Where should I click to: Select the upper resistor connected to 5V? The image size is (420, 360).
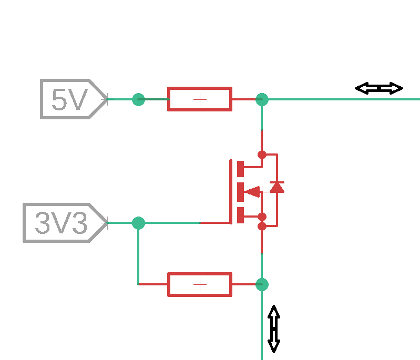pyautogui.click(x=200, y=99)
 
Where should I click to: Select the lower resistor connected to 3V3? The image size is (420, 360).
pyautogui.click(x=200, y=284)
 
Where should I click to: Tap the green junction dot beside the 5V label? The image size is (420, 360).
pyautogui.click(x=138, y=99)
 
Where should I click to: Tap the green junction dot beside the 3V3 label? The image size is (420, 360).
pyautogui.click(x=138, y=223)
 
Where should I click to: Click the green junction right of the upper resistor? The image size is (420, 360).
pyautogui.click(x=262, y=99)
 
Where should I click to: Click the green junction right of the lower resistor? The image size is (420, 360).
pyautogui.click(x=262, y=284)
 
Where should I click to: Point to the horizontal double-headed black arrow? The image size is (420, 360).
pyautogui.click(x=379, y=88)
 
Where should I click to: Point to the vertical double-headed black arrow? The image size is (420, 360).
pyautogui.click(x=274, y=328)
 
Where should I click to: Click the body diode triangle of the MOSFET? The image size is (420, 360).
pyautogui.click(x=277, y=187)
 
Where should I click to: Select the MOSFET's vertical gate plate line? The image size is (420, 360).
pyautogui.click(x=231, y=191)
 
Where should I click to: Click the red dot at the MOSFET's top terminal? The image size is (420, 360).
pyautogui.click(x=262, y=155)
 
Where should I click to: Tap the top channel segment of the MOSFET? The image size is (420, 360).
pyautogui.click(x=241, y=169)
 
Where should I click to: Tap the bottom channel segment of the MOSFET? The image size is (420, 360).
pyautogui.click(x=241, y=215)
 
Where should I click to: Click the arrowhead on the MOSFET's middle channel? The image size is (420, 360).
pyautogui.click(x=252, y=191)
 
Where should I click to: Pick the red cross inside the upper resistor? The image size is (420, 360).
pyautogui.click(x=200, y=99)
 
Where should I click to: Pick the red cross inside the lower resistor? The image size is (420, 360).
pyautogui.click(x=200, y=284)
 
